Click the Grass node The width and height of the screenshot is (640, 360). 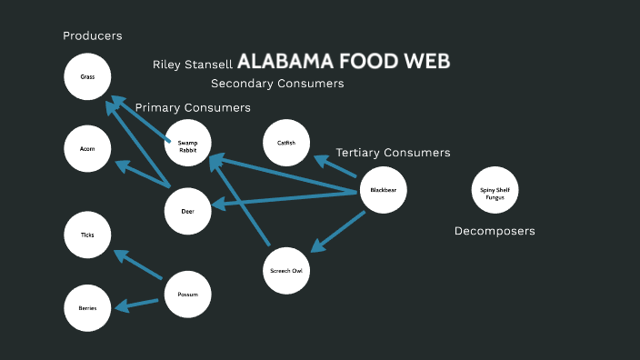tap(87, 77)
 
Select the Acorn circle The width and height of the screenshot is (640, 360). tap(87, 148)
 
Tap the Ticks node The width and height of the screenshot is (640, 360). tap(87, 235)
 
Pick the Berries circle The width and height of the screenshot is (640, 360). tap(87, 307)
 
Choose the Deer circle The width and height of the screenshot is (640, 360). tap(187, 211)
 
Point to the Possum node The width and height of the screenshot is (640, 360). tap(187, 294)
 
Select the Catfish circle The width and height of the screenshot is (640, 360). tap(286, 143)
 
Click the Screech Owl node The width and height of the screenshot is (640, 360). tap(286, 270)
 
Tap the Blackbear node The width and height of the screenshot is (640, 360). tap(383, 190)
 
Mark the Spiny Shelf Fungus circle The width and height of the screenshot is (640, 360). tap(495, 190)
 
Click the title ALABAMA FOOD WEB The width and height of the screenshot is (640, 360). tap(344, 62)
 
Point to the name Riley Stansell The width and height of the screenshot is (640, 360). tap(193, 65)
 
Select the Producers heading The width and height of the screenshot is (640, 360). tap(93, 35)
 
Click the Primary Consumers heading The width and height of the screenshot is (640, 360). tap(193, 107)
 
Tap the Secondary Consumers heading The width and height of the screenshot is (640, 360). tap(277, 84)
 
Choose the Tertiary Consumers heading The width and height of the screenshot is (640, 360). tap(393, 153)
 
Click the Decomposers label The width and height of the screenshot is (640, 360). tap(495, 231)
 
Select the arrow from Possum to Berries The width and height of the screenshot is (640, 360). tap(139, 304)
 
